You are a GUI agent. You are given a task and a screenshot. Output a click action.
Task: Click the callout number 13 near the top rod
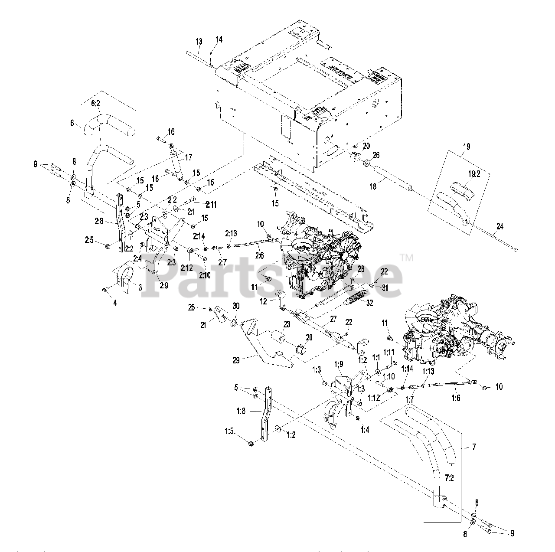pyautogui.click(x=199, y=42)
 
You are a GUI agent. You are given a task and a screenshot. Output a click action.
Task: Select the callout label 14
pyautogui.click(x=219, y=39)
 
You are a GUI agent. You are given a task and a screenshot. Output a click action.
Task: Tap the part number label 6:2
pyautogui.click(x=96, y=104)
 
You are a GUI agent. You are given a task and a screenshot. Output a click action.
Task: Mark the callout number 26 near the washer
pyautogui.click(x=376, y=155)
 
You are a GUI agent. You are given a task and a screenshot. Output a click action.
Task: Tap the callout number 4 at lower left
pyautogui.click(x=115, y=303)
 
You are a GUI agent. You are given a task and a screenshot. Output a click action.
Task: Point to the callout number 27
pyautogui.click(x=333, y=319)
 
